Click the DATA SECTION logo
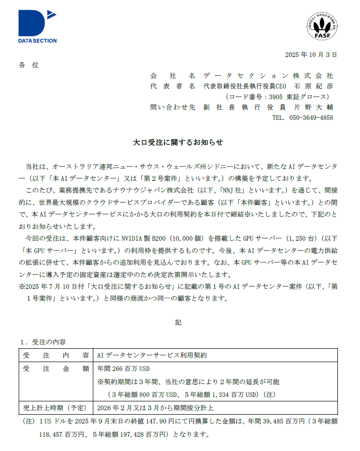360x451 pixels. click(x=37, y=27)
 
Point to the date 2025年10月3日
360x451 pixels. click(x=311, y=55)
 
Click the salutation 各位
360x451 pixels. click(x=28, y=65)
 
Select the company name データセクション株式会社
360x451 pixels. click(x=268, y=76)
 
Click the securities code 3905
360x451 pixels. click(x=272, y=97)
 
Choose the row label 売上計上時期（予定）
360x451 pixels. click(x=55, y=408)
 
